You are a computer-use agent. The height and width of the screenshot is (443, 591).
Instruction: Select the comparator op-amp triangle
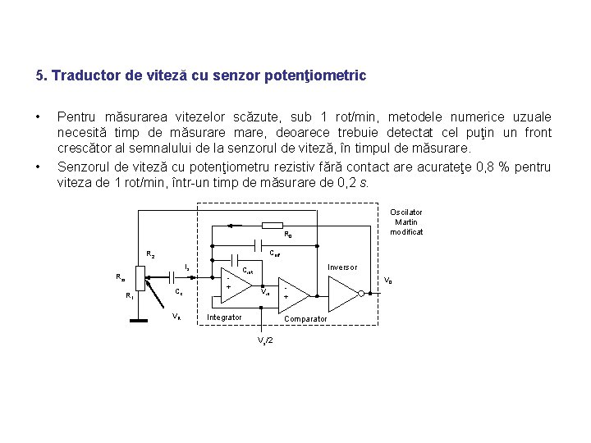pos(295,293)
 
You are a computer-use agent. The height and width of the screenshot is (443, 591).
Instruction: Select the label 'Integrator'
pos(224,317)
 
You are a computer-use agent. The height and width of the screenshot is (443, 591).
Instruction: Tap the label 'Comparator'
pos(305,318)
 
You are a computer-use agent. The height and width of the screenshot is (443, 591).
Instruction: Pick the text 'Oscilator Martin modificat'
pos(406,221)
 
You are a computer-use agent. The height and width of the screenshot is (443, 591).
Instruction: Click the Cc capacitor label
pos(179,292)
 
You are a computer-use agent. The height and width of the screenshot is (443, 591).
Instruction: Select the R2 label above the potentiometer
pos(150,253)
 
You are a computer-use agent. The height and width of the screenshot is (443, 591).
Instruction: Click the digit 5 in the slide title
pos(39,76)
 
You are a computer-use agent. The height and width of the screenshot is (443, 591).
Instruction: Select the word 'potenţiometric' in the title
pos(315,76)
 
